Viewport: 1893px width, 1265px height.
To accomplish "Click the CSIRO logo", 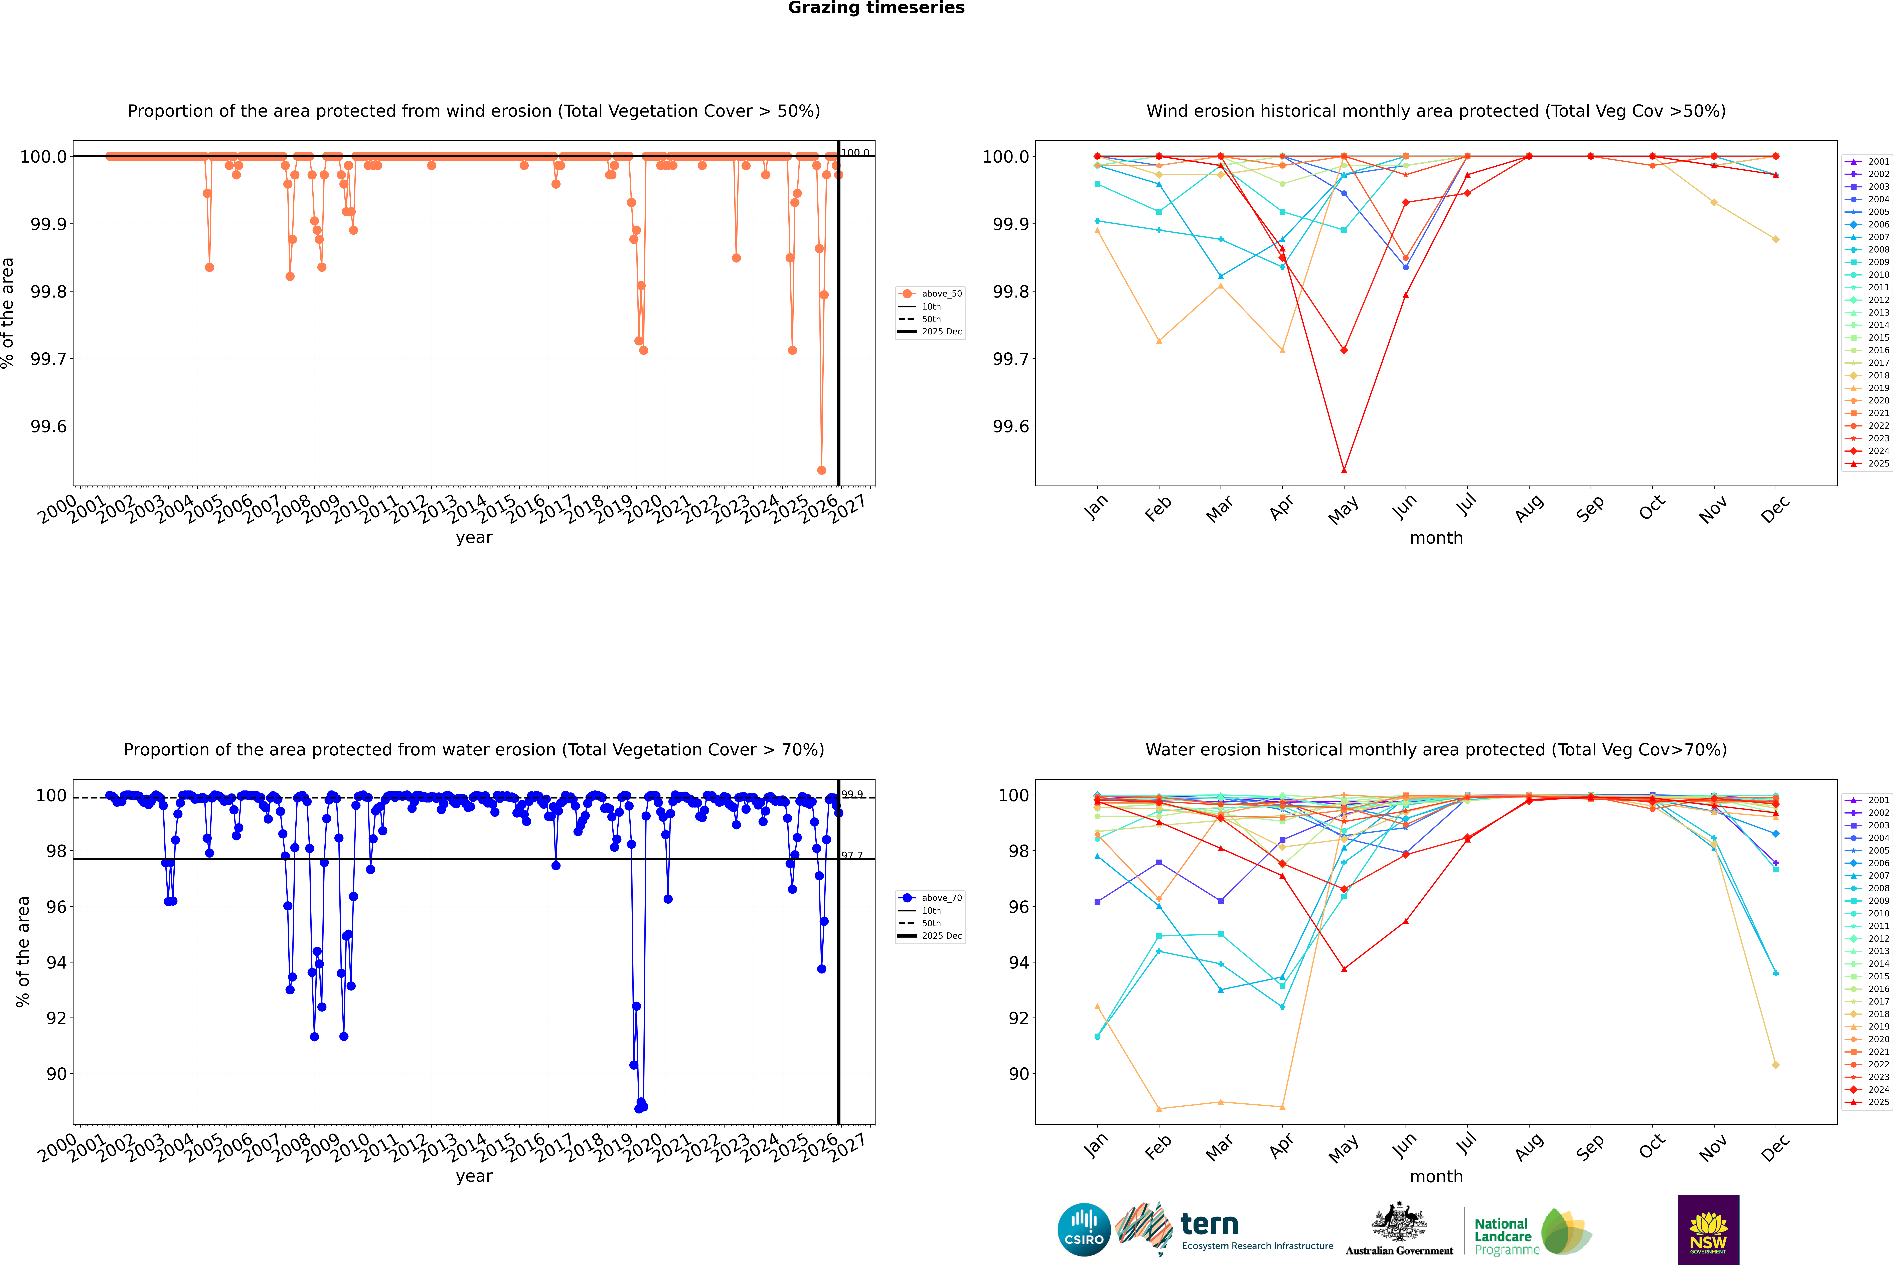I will coord(1084,1230).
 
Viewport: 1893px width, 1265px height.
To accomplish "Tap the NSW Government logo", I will coord(1708,1230).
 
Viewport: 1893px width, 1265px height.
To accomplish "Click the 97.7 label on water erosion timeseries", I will coord(852,855).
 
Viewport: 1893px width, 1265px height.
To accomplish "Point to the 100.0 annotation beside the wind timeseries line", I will coord(855,153).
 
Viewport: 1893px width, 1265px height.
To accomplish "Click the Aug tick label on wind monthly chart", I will coord(1529,508).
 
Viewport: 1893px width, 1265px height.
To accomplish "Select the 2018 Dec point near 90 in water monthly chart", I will coord(1775,1065).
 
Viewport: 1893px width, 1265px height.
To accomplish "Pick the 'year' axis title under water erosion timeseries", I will coord(474,1176).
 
